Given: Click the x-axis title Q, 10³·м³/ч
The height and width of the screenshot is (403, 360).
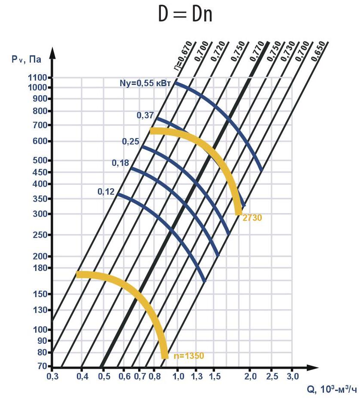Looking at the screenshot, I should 331,389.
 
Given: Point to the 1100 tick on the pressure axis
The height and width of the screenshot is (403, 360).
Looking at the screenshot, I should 39,78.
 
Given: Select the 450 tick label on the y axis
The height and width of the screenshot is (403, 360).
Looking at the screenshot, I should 41,172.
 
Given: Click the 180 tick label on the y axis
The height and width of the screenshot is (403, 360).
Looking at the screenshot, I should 41,268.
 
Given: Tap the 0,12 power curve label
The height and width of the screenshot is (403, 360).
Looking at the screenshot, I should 106,192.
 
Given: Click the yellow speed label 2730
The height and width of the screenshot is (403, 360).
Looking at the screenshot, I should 252,218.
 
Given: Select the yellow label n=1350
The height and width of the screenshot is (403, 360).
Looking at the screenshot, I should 187,356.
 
